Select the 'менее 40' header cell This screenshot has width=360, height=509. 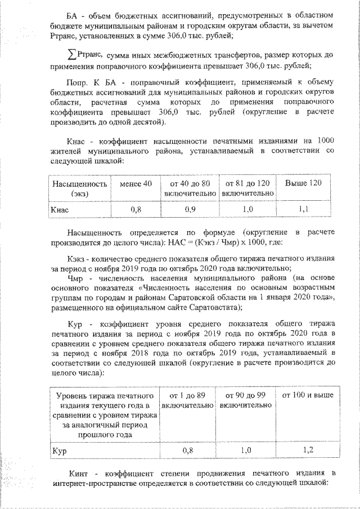tap(132, 184)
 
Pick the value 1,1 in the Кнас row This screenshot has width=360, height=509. tap(303, 209)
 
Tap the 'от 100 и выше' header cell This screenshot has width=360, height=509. tap(306, 395)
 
